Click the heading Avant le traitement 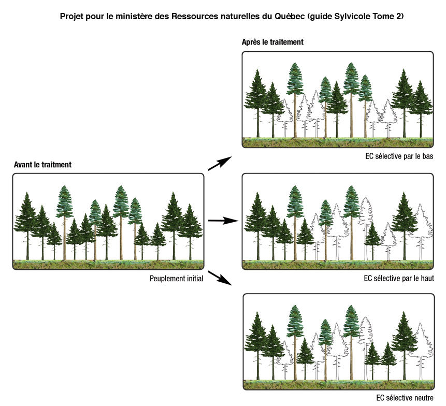42,165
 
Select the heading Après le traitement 272,42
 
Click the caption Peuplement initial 176,278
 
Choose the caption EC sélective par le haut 398,278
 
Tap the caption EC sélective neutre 405,398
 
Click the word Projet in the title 72,17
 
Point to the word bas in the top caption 427,156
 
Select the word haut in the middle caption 426,278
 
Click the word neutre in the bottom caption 422,398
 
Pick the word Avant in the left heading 23,165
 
